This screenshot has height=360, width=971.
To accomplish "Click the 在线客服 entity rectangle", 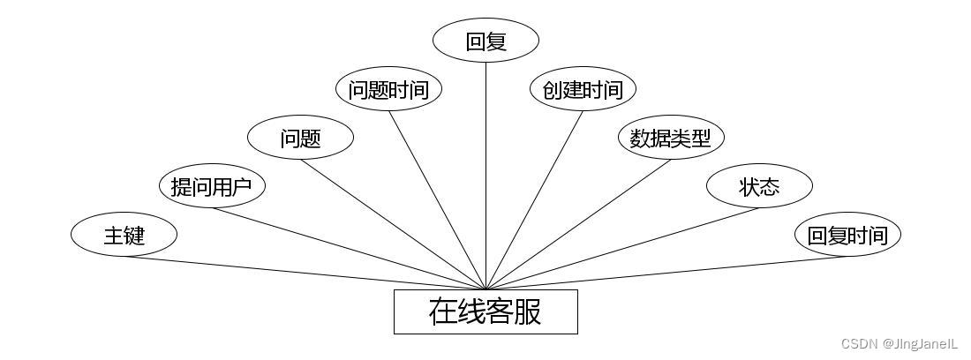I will point(485,312).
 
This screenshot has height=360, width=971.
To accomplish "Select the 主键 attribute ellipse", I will point(124,235).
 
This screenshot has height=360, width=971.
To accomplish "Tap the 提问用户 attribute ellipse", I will point(212,186).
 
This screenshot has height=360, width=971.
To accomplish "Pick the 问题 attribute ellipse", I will point(300,138).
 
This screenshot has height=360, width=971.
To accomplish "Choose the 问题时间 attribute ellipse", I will point(388,89).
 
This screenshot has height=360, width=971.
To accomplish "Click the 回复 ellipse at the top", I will point(485,41).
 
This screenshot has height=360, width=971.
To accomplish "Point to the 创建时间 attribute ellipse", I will point(583,89).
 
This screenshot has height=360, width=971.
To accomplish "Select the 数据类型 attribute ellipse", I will point(671,138).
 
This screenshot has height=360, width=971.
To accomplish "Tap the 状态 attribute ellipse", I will point(759,186).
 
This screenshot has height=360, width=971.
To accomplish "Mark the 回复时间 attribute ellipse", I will point(847,235).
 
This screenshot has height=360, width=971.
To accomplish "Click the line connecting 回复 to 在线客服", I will point(485,176).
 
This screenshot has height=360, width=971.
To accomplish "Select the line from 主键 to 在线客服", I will point(305,273).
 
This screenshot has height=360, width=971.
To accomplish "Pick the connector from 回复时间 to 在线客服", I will point(666,273).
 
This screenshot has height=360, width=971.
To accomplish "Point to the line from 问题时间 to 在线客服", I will point(437,199).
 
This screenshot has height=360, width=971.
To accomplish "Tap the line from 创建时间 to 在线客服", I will point(534,199).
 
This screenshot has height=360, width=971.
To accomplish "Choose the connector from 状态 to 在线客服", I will point(622,248).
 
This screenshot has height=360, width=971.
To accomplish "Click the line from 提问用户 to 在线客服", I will point(349,248).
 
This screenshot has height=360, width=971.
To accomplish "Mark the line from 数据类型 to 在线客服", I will point(578,224).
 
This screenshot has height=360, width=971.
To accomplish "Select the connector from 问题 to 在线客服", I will point(393,224).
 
